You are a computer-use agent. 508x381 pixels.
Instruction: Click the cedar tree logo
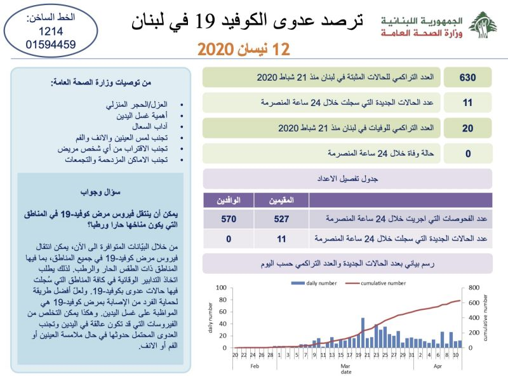(x=483, y=25)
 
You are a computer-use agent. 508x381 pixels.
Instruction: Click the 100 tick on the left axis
(x=220, y=287)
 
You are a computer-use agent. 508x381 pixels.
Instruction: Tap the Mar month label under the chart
(x=345, y=367)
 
